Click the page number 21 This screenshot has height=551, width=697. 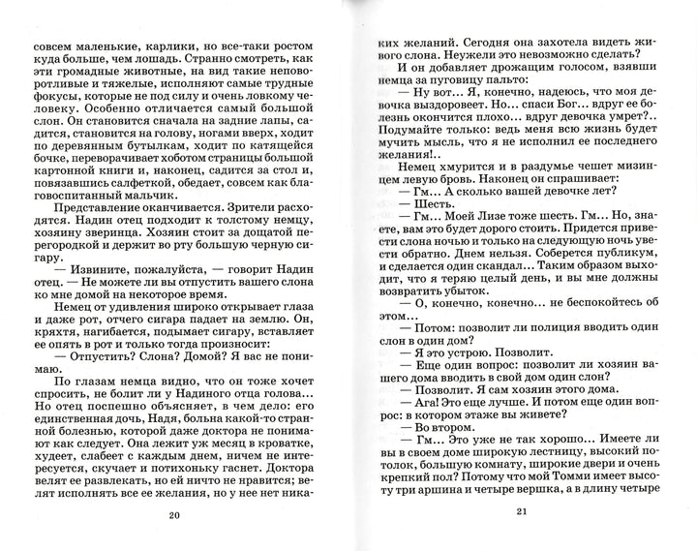[x=520, y=512]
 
